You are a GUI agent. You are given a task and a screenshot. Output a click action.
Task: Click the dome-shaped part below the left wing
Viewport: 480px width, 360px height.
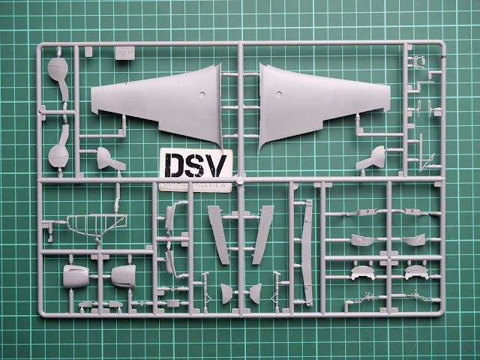110,158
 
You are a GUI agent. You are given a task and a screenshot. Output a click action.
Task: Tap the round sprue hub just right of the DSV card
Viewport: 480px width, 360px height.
240,180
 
